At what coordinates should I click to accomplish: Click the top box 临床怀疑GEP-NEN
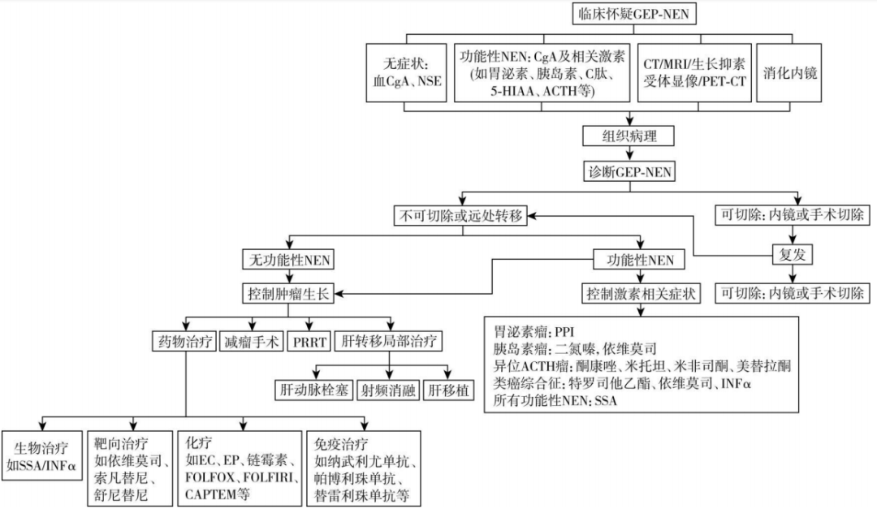[634, 13]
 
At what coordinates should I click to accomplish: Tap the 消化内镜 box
[789, 72]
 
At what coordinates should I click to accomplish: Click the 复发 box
[793, 255]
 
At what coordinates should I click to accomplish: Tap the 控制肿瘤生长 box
[289, 293]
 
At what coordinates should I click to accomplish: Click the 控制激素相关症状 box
[641, 293]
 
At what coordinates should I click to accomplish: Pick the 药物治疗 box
[184, 342]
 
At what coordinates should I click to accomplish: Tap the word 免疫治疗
[340, 444]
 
